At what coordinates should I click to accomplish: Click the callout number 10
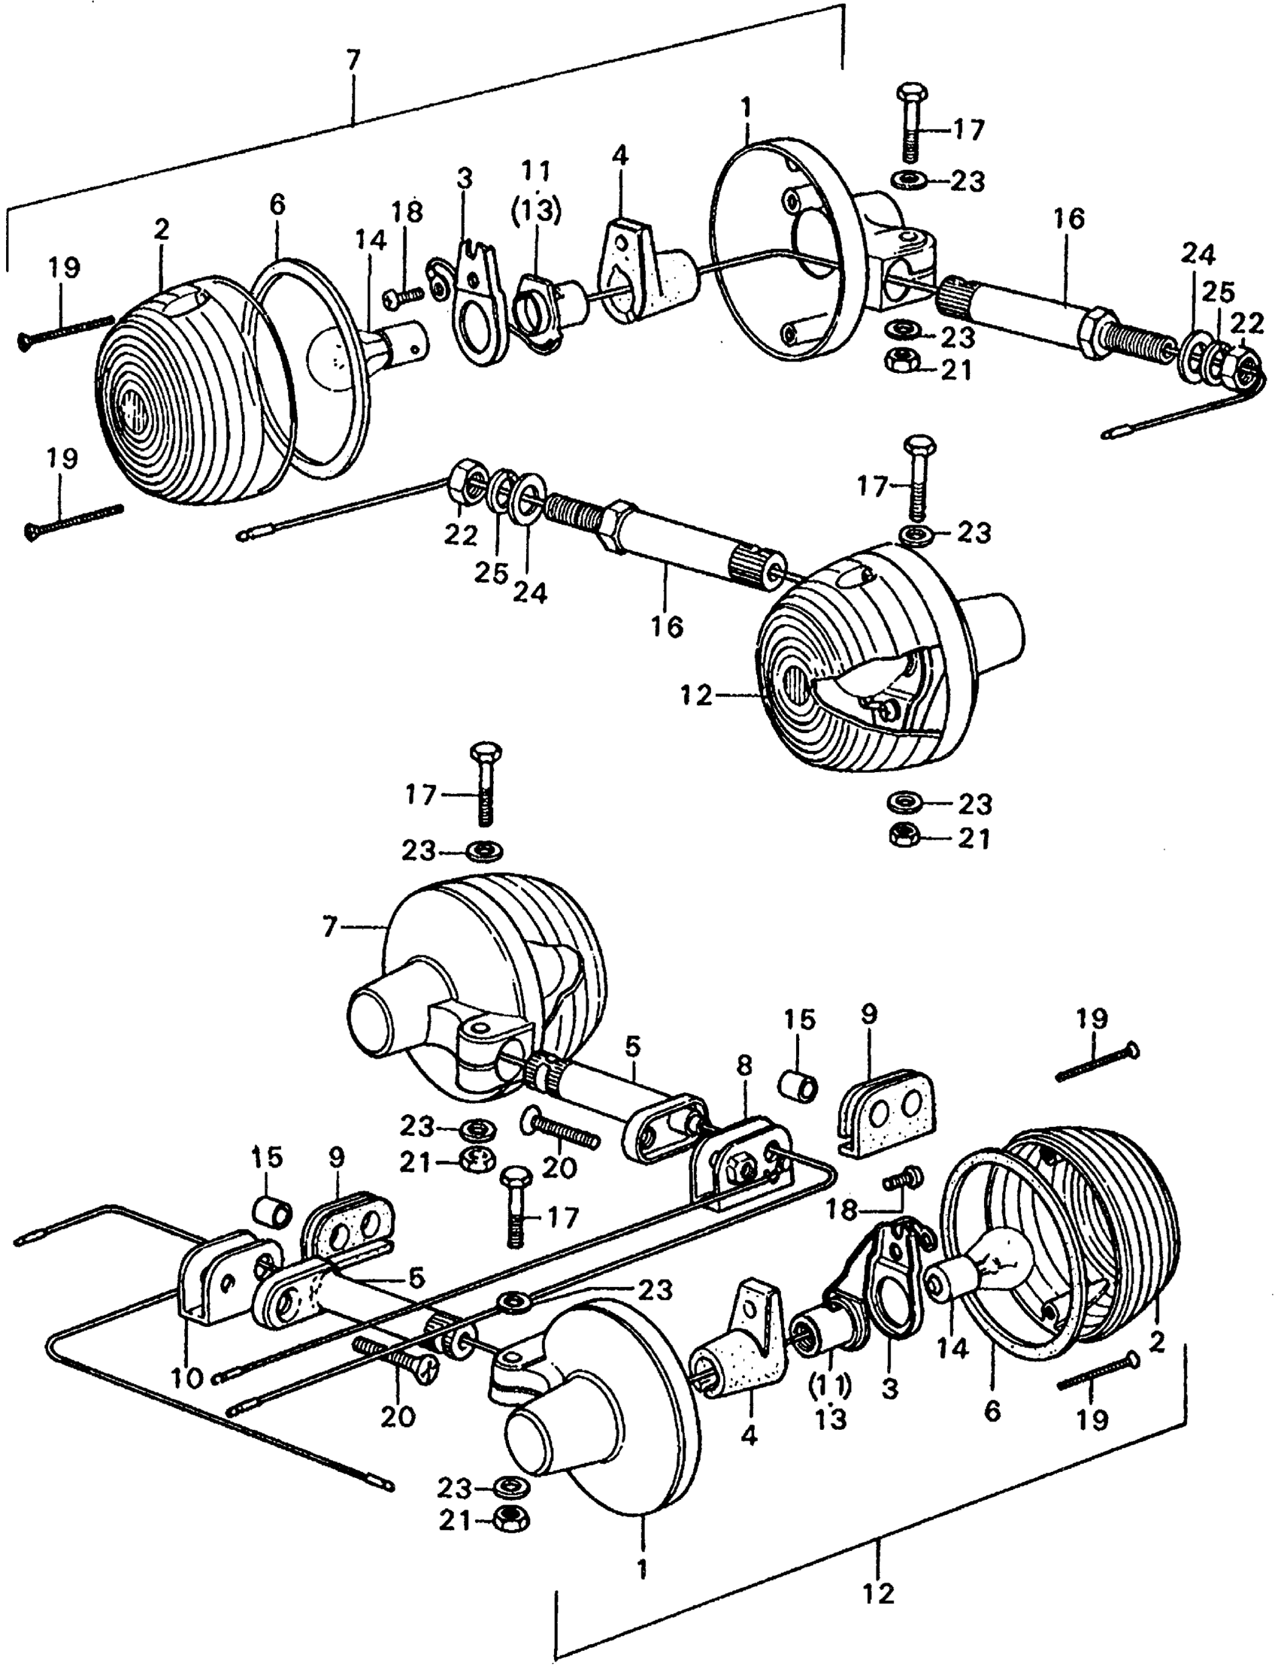[188, 1377]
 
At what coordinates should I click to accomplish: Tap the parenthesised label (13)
[536, 212]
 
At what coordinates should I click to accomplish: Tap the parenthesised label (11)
[831, 1386]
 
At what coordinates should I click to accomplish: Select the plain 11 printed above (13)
[536, 171]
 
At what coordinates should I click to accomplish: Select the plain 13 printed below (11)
[831, 1419]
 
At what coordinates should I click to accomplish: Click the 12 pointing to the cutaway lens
[697, 695]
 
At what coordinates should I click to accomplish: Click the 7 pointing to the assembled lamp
[329, 928]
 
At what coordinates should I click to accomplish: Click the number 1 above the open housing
[747, 109]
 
